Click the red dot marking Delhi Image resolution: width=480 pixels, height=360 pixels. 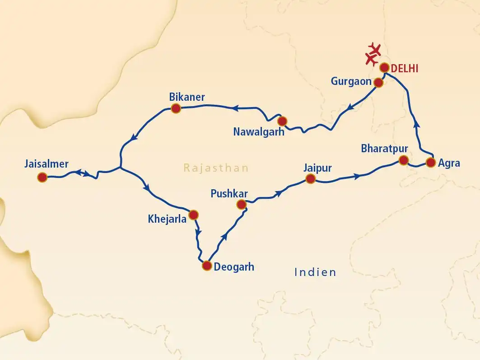tap(384, 68)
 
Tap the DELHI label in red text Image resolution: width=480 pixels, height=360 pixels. tap(405, 69)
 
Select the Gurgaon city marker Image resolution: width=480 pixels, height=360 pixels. tap(378, 83)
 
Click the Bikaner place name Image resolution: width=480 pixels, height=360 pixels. tap(187, 97)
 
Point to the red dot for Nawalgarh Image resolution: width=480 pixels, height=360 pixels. tap(282, 121)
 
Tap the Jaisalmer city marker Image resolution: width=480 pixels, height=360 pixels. tap(42, 178)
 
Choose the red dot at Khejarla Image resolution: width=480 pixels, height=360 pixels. tap(193, 214)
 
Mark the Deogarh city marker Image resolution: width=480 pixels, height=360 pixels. tap(207, 265)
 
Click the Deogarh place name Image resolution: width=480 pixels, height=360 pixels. tap(234, 267)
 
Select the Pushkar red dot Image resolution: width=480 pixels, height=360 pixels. tap(242, 205)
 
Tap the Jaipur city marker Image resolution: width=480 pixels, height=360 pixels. tap(310, 179)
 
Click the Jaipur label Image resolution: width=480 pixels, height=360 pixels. tap(318, 168)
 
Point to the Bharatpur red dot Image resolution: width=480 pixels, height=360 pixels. tap(404, 160)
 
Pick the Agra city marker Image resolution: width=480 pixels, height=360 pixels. tap(431, 163)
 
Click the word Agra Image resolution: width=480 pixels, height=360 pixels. tap(449, 164)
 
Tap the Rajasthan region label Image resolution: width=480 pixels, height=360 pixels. tap(216, 168)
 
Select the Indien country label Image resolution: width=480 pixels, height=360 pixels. tap(315, 272)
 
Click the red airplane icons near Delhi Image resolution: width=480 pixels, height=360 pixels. tap(373, 53)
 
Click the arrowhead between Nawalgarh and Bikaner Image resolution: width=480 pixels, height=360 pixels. tap(235, 108)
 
